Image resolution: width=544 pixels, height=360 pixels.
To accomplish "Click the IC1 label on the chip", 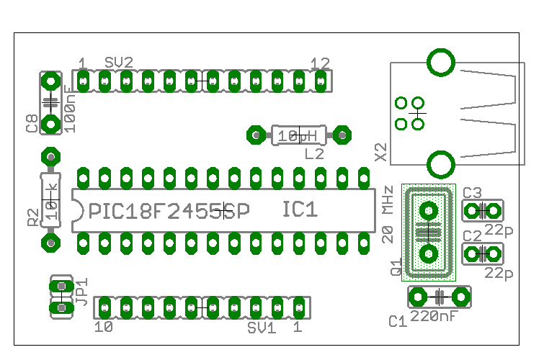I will click(300, 210).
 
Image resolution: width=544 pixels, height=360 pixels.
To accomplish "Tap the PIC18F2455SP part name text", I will click(169, 211).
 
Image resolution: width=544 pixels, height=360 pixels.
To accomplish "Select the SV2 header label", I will click(119, 63).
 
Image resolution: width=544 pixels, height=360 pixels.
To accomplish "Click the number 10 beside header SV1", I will click(104, 327).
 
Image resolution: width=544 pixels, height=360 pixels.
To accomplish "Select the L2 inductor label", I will click(314, 153).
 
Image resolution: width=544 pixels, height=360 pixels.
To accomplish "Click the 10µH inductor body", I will click(298, 135).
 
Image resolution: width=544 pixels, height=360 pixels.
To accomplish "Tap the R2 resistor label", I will click(32, 217).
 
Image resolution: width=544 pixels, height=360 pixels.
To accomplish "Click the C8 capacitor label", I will click(32, 124).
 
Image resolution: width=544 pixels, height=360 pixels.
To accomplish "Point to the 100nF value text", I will click(70, 109).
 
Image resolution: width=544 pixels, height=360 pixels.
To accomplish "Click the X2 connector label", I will click(381, 151).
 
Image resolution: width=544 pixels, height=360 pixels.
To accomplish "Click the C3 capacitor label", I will click(472, 193).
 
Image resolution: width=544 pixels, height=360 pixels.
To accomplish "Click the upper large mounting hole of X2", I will click(441, 62).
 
